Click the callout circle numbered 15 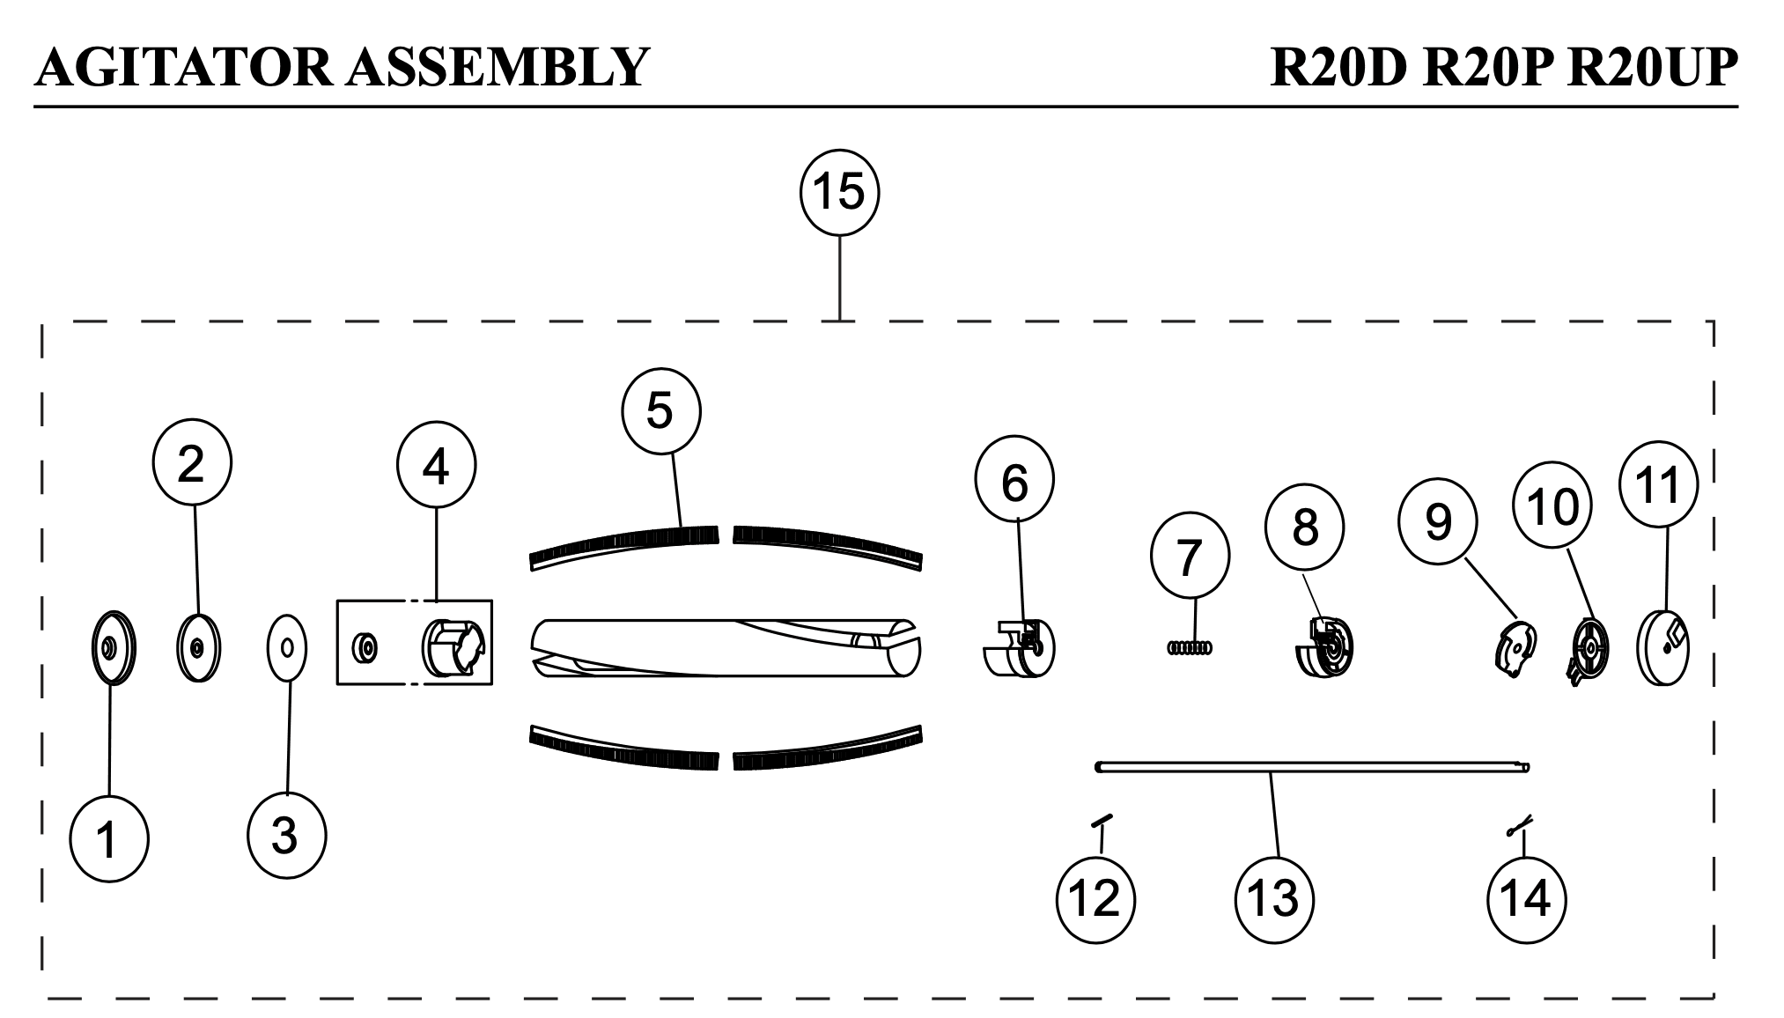(839, 192)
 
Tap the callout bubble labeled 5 (660, 411)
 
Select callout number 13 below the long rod (1274, 898)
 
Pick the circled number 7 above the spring (1190, 557)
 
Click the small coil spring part (1190, 648)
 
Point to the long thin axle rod (1312, 768)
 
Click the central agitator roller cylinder (726, 647)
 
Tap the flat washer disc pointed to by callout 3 (287, 647)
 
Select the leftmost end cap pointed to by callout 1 (114, 647)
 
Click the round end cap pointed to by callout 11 (1662, 648)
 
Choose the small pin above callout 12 (1102, 820)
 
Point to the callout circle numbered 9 (1438, 522)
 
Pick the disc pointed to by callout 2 (199, 647)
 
